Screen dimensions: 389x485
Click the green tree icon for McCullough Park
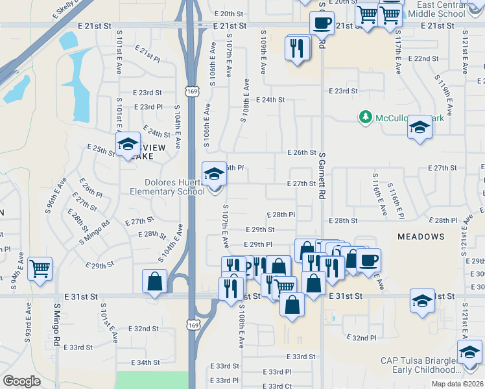tap(365, 117)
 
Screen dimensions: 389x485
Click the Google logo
tap(21, 381)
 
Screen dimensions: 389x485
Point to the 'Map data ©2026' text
tap(457, 384)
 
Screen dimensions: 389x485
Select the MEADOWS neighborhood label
tap(421, 237)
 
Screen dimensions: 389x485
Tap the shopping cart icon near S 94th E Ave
tap(40, 268)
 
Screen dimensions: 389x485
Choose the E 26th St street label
tap(302, 153)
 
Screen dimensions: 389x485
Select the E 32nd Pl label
tap(362, 338)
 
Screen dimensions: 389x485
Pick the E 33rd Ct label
tap(278, 386)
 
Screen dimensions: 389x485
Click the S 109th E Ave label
tap(263, 51)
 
